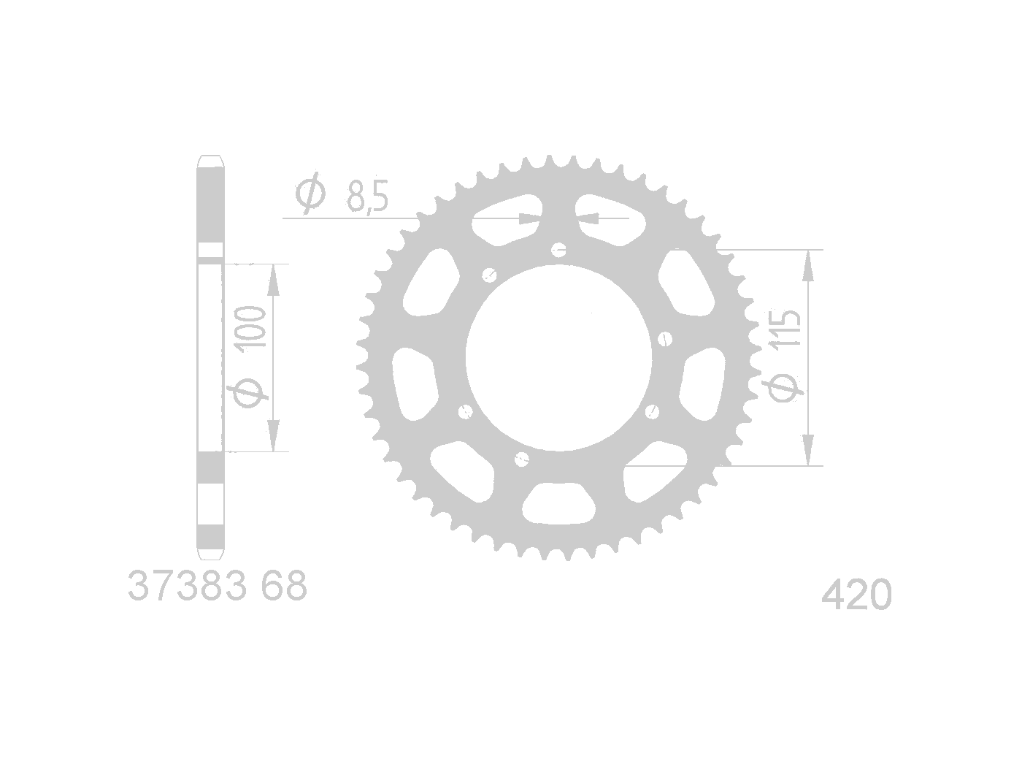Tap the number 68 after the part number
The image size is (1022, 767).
284,587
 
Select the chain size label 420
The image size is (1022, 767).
856,595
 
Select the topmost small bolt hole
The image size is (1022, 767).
558,250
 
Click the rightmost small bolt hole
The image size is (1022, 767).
664,338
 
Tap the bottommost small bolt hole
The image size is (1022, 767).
521,459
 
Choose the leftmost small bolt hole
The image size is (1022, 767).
464,413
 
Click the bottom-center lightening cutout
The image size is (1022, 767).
558,503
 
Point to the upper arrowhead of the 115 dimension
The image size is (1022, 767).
807,267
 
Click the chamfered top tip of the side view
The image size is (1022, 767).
211,160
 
